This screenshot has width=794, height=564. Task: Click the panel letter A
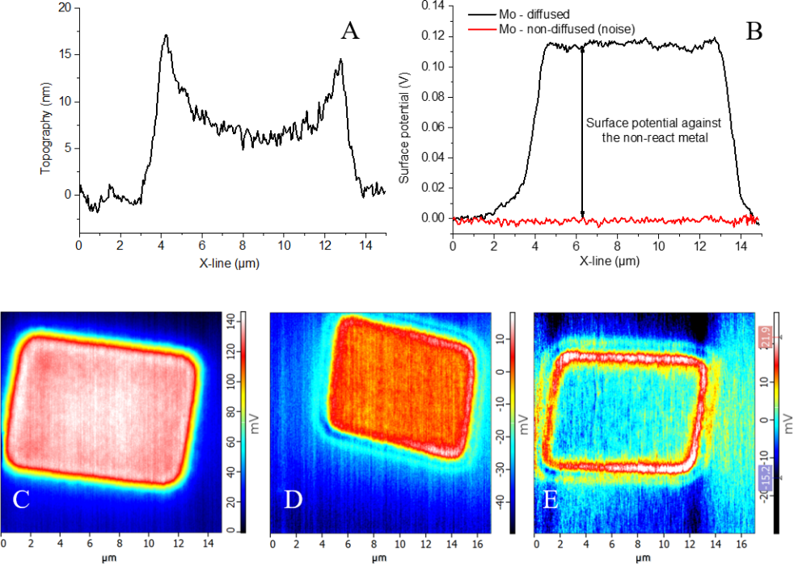pyautogui.click(x=350, y=32)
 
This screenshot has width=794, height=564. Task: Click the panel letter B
pyautogui.click(x=754, y=30)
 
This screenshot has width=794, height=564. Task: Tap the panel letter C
pyautogui.click(x=21, y=499)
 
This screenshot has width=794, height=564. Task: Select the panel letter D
pyautogui.click(x=293, y=499)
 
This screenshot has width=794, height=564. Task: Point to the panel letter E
pyautogui.click(x=551, y=499)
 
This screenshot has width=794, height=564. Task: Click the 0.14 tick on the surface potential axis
pyautogui.click(x=434, y=6)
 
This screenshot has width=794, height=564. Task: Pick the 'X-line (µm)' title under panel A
pyautogui.click(x=231, y=262)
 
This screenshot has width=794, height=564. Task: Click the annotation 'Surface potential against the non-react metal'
pyautogui.click(x=653, y=129)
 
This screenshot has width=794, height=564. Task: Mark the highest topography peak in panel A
pyautogui.click(x=166, y=36)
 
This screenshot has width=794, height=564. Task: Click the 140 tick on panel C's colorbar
pyautogui.click(x=240, y=322)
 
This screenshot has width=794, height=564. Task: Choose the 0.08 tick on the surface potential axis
pyautogui.click(x=434, y=96)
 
